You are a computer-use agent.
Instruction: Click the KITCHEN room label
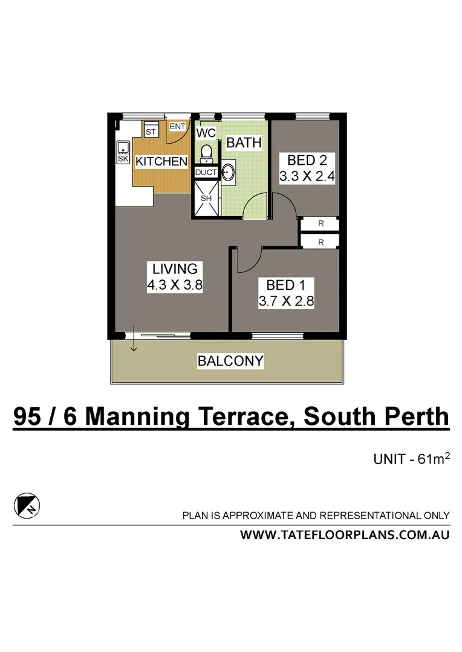[x=161, y=161]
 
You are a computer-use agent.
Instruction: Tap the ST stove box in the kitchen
[x=151, y=131]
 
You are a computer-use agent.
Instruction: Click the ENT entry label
[x=177, y=126]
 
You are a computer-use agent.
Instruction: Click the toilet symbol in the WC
[x=206, y=153]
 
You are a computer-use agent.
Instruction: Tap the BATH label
[x=244, y=143]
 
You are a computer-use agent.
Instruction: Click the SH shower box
[x=206, y=197]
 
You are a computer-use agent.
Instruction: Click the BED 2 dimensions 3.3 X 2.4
[x=307, y=177]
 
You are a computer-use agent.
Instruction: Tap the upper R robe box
[x=320, y=224]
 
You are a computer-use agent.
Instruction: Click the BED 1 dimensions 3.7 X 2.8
[x=286, y=301]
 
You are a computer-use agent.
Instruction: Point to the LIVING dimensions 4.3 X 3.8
[x=175, y=286]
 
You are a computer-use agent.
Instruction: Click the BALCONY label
[x=230, y=361]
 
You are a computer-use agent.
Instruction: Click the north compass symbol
[x=25, y=505]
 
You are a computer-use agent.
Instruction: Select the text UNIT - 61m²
[x=411, y=459]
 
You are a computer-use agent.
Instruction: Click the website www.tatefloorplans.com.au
[x=345, y=535]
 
